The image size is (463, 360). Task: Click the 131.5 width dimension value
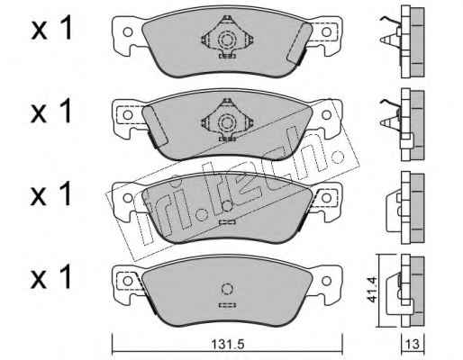point(227,344)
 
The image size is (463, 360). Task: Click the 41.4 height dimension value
point(370,290)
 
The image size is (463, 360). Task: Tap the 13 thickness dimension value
point(413,344)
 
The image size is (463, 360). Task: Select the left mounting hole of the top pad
point(128,32)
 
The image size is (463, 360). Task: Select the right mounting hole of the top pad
point(326,31)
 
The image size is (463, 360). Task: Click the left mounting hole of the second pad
point(128,115)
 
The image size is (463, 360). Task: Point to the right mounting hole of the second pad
point(326,115)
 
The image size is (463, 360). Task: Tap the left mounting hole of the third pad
point(128,198)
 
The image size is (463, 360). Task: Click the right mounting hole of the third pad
point(326,198)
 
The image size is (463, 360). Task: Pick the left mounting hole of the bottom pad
point(128,281)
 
